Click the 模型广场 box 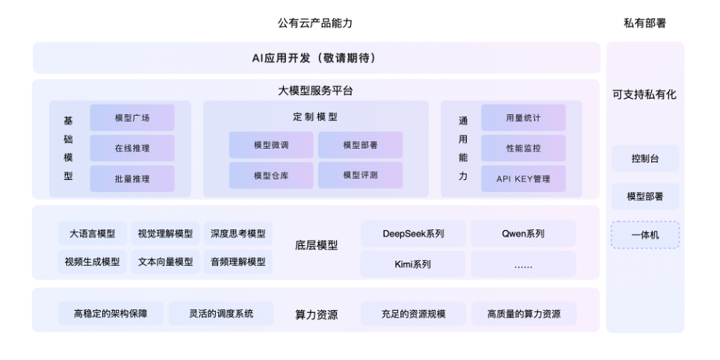tap(132, 118)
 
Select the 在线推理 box tap(132, 148)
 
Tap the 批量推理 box tap(132, 179)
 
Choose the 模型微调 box tap(271, 145)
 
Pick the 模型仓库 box tap(271, 176)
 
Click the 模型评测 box tap(360, 176)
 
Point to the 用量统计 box tap(523, 118)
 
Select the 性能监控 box tap(523, 148)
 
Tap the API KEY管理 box tap(523, 179)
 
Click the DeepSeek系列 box tap(413, 234)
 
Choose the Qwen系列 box tap(523, 234)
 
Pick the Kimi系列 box tap(413, 264)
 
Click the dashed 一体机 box tap(645, 235)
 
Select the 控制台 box tap(645, 159)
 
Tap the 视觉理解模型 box tap(165, 234)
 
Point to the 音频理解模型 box tap(238, 262)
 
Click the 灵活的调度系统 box tap(221, 314)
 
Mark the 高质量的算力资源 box tap(523, 314)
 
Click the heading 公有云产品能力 tap(315, 23)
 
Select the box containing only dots tap(523, 264)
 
